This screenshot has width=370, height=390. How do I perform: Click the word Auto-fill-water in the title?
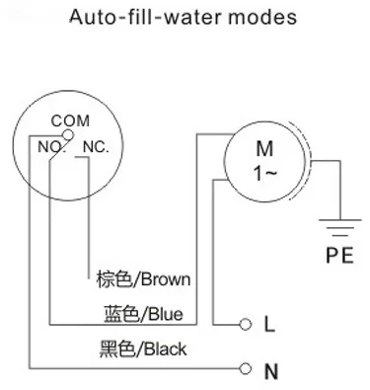point(146,17)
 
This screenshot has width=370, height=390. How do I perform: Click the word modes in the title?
point(262,17)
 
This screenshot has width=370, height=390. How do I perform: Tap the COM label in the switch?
point(70,120)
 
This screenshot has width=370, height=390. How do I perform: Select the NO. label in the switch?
point(52,147)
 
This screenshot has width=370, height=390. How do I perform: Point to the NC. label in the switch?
point(96,147)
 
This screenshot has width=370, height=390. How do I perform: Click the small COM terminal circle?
point(68,134)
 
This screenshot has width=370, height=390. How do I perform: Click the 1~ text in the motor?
point(265,173)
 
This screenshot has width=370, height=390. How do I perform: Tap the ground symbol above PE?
point(340,227)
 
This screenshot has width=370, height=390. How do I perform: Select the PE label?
point(339,255)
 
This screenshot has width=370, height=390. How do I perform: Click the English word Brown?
point(166,279)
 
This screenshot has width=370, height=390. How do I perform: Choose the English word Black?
point(166,349)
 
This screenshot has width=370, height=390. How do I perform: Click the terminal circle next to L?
point(245,325)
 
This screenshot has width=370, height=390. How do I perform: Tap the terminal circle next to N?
point(245,368)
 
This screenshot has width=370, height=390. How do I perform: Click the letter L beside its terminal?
point(269,324)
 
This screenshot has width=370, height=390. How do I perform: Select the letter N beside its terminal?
point(271,371)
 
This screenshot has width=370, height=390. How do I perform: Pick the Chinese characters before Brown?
point(113,279)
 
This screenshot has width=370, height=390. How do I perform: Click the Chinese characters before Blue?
point(121,314)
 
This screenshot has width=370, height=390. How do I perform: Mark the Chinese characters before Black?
point(117,349)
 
